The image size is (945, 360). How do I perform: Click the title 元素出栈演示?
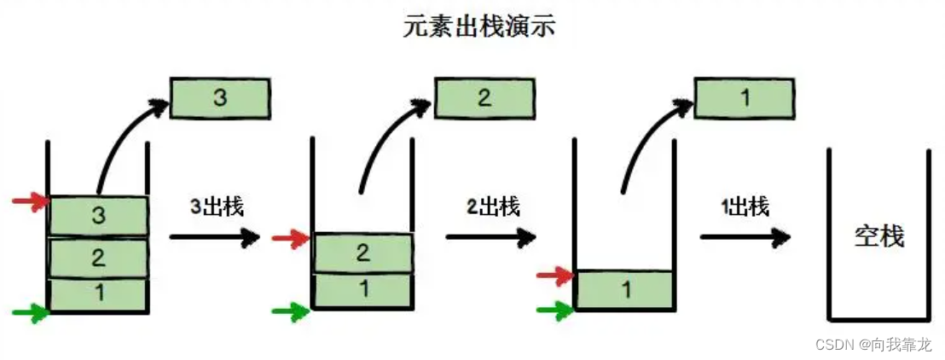pyautogui.click(x=479, y=26)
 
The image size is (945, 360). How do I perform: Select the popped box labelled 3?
pyautogui.click(x=220, y=98)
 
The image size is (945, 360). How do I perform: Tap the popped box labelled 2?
pyautogui.click(x=484, y=98)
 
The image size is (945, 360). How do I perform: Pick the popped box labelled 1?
pyautogui.click(x=745, y=98)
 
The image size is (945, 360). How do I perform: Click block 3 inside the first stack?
pyautogui.click(x=99, y=216)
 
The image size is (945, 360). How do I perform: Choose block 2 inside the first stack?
pyautogui.click(x=99, y=258)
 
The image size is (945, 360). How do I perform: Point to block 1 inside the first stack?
pyautogui.click(x=99, y=294)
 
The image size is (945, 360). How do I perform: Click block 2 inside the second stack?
pyautogui.click(x=364, y=253)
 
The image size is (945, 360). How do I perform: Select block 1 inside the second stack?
pyautogui.click(x=364, y=288)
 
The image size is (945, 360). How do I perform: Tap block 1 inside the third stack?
pyautogui.click(x=625, y=290)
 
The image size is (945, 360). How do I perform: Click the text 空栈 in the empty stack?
pyautogui.click(x=878, y=235)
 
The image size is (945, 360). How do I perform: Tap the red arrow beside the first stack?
pyautogui.click(x=31, y=202)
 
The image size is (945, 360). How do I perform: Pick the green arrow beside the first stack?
pyautogui.click(x=31, y=313)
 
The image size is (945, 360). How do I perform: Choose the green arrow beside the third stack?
pyautogui.click(x=554, y=310)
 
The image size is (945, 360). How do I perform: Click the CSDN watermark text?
pyautogui.click(x=873, y=345)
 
